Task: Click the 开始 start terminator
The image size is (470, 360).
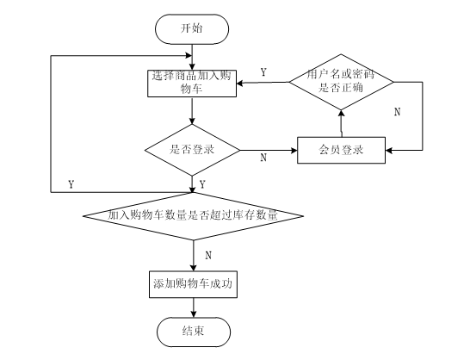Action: pyautogui.click(x=192, y=29)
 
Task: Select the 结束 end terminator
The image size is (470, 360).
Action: pyautogui.click(x=194, y=332)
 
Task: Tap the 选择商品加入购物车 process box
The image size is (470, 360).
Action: pyautogui.click(x=192, y=84)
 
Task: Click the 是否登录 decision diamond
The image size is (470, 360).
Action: pyautogui.click(x=192, y=150)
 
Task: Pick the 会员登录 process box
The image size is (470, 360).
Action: pyautogui.click(x=341, y=151)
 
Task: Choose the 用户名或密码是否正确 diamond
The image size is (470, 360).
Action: pyautogui.click(x=341, y=82)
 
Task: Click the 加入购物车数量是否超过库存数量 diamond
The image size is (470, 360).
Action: pyautogui.click(x=194, y=216)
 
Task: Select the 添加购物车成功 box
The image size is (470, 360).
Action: pyautogui.click(x=194, y=284)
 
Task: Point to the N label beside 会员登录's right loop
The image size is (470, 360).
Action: pyautogui.click(x=397, y=112)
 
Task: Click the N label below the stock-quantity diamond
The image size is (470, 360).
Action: pyautogui.click(x=208, y=256)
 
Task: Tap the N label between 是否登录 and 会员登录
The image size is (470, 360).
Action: pyautogui.click(x=263, y=158)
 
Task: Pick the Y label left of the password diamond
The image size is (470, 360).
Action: pyautogui.click(x=263, y=72)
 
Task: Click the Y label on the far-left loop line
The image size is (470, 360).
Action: pyautogui.click(x=71, y=184)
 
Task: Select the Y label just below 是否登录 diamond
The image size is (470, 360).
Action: pyautogui.click(x=202, y=184)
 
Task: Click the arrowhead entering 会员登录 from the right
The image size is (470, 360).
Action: pyautogui.click(x=389, y=151)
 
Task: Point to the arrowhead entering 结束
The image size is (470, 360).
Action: pyautogui.click(x=194, y=313)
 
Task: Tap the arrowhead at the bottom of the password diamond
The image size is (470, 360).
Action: pyautogui.click(x=341, y=114)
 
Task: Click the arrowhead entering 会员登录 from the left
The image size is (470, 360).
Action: pyautogui.click(x=294, y=151)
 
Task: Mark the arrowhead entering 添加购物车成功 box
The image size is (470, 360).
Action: pyautogui.click(x=194, y=268)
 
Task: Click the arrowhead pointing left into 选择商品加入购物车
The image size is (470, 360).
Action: pyautogui.click(x=240, y=83)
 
